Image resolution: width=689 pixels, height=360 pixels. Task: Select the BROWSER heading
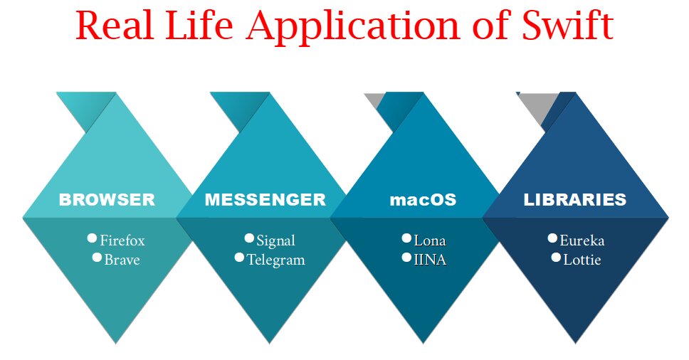pos(107,200)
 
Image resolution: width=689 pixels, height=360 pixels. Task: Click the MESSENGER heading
pos(265,200)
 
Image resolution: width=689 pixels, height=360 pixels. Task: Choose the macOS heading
pos(423,200)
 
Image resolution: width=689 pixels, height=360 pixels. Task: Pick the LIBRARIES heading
pos(575,200)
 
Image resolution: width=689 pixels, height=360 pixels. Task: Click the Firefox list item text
pos(122,240)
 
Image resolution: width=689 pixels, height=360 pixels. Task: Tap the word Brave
pos(122,260)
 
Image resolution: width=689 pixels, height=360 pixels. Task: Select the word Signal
pos(275,240)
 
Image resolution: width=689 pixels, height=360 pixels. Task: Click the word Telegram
pos(275,260)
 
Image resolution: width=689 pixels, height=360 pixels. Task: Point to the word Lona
pos(430,240)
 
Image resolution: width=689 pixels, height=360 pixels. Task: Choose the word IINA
pos(430,260)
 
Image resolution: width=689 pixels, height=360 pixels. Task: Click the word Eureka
pos(582,240)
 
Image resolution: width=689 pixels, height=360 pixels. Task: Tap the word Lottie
pos(582,260)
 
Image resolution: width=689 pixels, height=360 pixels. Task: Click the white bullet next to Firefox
pos(91,238)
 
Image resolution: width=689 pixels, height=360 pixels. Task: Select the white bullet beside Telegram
pos(239,257)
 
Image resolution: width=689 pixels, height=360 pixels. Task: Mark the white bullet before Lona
pos(406,238)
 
